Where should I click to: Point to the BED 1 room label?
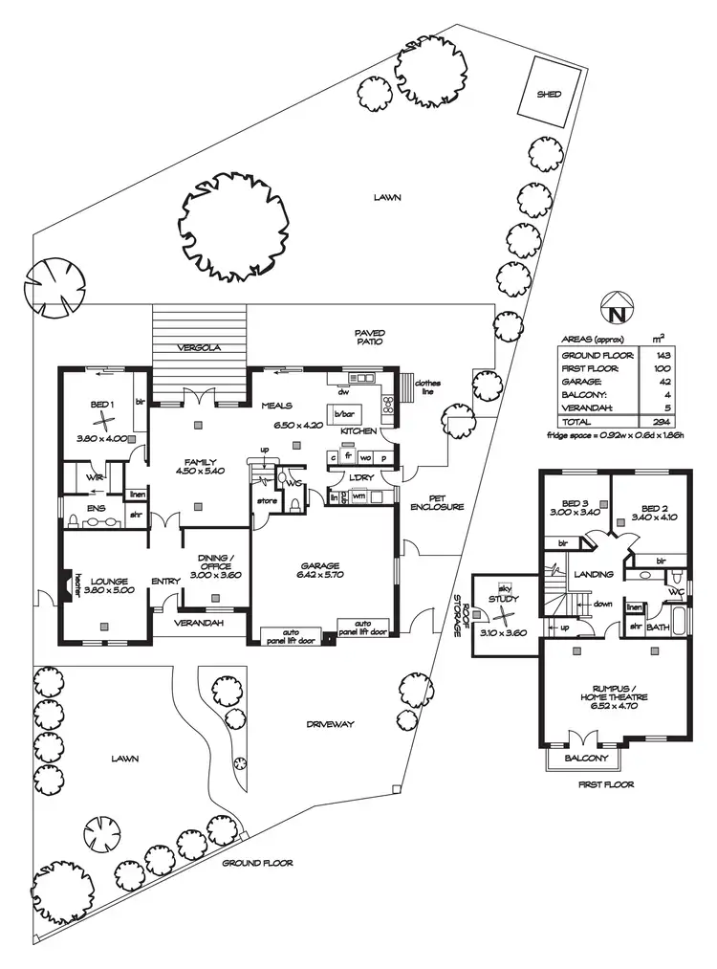click(102, 405)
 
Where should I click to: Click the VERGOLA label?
click(200, 348)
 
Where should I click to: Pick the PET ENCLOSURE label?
click(438, 501)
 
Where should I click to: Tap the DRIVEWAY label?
click(330, 724)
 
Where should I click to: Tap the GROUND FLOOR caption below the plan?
click(257, 862)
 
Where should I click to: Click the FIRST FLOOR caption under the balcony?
click(605, 783)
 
